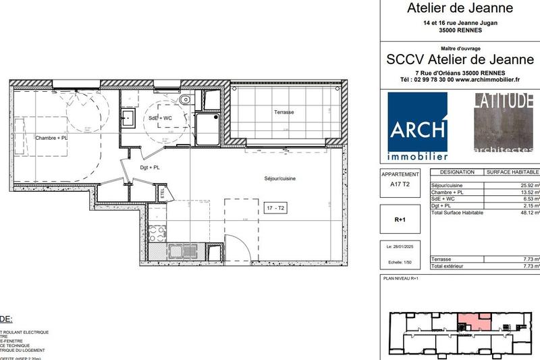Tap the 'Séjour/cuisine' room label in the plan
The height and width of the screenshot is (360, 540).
[279, 178]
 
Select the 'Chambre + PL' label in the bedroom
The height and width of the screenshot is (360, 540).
[52, 138]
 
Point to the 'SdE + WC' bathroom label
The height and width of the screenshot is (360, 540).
[160, 118]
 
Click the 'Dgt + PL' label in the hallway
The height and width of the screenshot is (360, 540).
[149, 167]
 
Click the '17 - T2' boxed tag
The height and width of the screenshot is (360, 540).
[276, 208]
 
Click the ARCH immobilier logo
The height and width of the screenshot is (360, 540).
[418, 126]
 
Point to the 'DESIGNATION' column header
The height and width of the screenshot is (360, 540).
[456, 173]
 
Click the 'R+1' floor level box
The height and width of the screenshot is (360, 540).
[400, 220]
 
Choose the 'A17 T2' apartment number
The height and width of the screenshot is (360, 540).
[400, 182]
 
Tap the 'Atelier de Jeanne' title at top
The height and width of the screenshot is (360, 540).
[460, 9]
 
